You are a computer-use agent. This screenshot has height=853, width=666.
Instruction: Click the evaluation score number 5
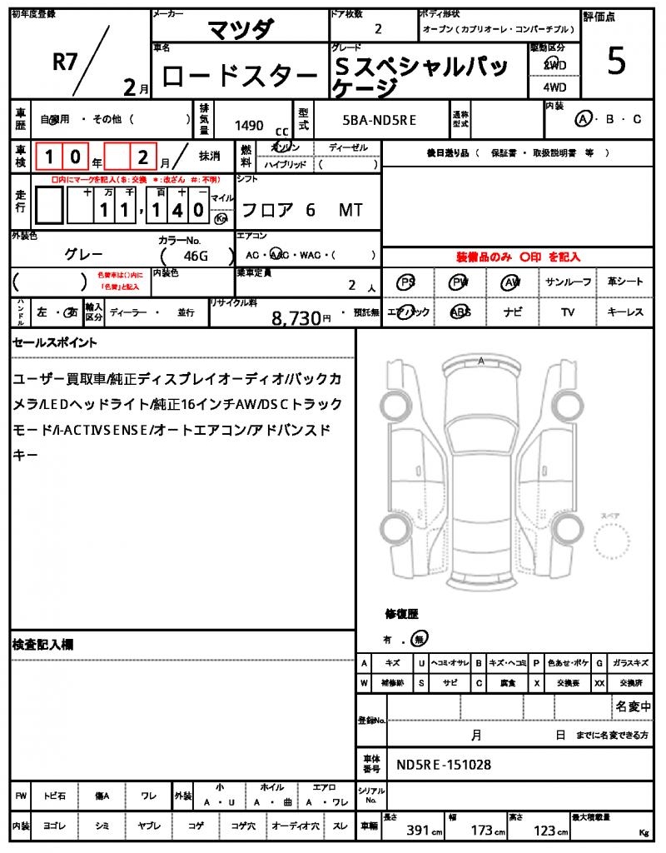point(616,63)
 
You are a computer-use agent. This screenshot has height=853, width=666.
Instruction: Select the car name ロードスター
point(239,77)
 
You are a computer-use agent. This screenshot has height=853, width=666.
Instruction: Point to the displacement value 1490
point(249,126)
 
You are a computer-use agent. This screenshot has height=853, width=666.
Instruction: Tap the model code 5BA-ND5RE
point(380,120)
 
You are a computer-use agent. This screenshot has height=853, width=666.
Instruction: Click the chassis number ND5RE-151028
point(444,764)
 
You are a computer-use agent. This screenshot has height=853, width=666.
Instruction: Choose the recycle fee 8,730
point(296,317)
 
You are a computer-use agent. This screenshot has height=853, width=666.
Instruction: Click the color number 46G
point(195,257)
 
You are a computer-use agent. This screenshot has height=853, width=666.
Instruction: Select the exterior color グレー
point(84,254)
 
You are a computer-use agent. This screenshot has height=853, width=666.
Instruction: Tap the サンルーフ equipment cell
point(569,282)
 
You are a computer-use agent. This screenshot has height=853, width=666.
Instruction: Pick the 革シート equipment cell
point(625,282)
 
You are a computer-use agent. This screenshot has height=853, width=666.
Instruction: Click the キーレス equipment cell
point(625,312)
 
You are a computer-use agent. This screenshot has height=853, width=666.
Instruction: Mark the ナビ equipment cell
point(513,312)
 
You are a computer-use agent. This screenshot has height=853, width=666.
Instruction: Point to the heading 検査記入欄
point(43,645)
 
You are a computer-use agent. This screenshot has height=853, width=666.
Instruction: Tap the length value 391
point(417,831)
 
